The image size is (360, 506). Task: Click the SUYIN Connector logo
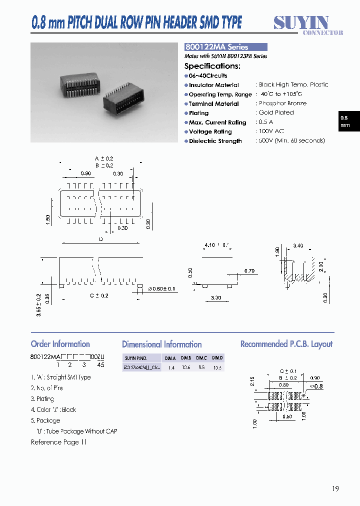307,24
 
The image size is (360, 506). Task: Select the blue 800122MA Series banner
226,47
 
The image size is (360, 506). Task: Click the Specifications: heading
212,66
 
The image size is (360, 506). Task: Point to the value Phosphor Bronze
282,103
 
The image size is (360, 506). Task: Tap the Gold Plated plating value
276,113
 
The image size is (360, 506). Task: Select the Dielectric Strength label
215,141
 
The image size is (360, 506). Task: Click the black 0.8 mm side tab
345,121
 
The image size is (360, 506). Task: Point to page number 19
335,488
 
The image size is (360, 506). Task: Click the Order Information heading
60,344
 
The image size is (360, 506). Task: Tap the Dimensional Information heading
161,344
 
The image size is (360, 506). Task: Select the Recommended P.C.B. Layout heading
286,344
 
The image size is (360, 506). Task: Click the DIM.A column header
170,358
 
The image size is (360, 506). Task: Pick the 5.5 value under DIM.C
201,367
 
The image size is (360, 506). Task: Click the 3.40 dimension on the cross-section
298,245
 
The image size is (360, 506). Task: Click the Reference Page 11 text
59,442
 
